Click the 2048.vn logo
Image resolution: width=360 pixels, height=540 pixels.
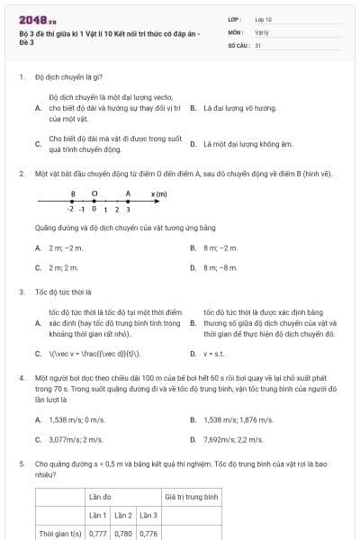pos(31,20)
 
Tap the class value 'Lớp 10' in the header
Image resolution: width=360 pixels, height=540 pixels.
pos(264,18)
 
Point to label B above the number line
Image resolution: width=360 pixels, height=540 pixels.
pos(73,193)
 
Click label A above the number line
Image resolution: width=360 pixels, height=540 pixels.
pos(128,193)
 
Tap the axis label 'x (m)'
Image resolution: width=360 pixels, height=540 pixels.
pos(158,193)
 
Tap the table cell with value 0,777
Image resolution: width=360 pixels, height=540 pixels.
pos(97,533)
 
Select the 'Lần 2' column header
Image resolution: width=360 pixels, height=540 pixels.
pos(123,515)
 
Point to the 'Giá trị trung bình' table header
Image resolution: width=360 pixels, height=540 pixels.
pos(192,496)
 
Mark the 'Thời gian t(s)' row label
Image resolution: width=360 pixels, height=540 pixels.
pos(60,533)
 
